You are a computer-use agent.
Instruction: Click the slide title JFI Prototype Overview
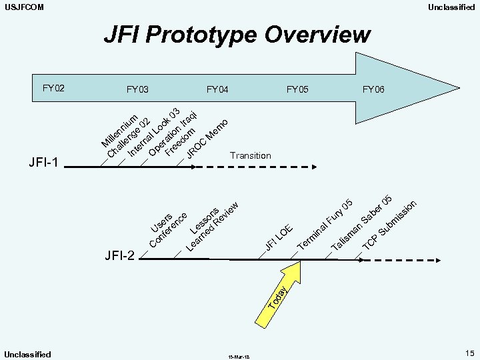[237, 34]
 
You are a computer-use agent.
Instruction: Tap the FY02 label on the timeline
[53, 87]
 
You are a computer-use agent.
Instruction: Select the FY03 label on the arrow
[137, 89]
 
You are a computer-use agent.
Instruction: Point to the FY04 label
[217, 89]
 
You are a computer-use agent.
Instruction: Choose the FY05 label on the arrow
[297, 89]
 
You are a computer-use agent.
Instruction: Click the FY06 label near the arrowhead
[373, 89]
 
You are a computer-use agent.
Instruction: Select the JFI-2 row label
[119, 255]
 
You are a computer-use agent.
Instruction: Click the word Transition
[250, 155]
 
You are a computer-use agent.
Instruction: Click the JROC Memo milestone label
[207, 138]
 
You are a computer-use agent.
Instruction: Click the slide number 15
[469, 353]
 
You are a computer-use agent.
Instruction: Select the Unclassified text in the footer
[27, 354]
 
